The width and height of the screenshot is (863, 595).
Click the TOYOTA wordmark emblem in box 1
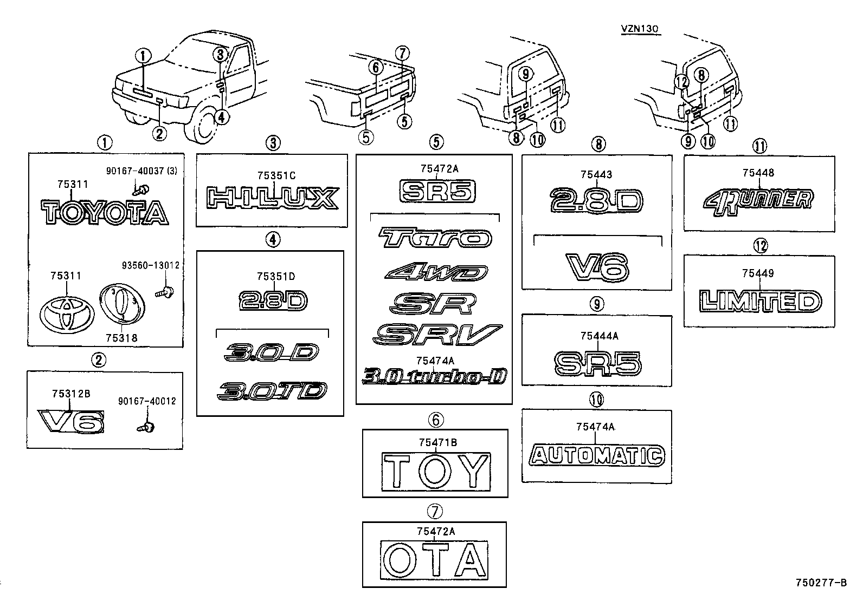click(105, 212)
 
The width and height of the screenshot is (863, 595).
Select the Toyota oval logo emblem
click(67, 315)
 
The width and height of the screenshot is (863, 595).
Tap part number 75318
click(122, 338)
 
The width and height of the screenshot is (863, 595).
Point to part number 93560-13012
click(151, 265)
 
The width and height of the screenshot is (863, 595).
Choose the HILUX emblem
click(273, 198)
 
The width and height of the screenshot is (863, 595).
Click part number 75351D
click(276, 276)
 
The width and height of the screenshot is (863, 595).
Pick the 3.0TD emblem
click(272, 391)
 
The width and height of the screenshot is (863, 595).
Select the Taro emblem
click(435, 237)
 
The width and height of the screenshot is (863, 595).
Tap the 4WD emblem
click(436, 272)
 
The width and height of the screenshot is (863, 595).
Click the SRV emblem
click(437, 334)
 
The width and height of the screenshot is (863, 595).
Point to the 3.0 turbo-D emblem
click(435, 376)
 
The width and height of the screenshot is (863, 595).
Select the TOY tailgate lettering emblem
click(436, 472)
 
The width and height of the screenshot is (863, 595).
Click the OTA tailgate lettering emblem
click(434, 560)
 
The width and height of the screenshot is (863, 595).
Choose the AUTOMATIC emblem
click(597, 455)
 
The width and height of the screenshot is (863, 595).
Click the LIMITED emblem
click(760, 301)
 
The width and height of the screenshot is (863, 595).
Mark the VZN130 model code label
click(640, 29)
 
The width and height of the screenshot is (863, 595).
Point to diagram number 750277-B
click(821, 583)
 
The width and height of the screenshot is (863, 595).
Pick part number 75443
click(596, 174)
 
